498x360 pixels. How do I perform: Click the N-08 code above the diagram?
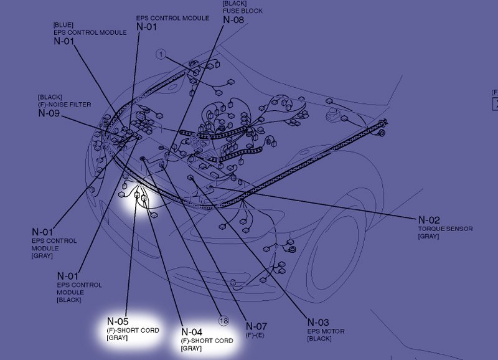233,19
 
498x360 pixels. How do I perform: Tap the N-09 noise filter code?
49,113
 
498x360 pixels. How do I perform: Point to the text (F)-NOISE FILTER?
63,105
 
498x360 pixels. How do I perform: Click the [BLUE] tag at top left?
64,24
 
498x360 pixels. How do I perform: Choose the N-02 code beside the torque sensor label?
429,220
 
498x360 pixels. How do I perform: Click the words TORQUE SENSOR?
445,229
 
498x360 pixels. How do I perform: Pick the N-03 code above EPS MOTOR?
318,322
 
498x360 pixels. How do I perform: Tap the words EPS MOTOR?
326,331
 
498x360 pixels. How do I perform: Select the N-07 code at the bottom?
256,326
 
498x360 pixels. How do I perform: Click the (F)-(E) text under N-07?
255,335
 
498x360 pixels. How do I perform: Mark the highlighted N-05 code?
118,321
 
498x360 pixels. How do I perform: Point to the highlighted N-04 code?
192,331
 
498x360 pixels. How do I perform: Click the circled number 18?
224,320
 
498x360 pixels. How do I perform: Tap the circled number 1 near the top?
161,55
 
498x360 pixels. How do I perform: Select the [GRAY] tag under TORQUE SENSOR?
428,237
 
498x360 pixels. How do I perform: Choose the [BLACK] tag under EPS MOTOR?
319,339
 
